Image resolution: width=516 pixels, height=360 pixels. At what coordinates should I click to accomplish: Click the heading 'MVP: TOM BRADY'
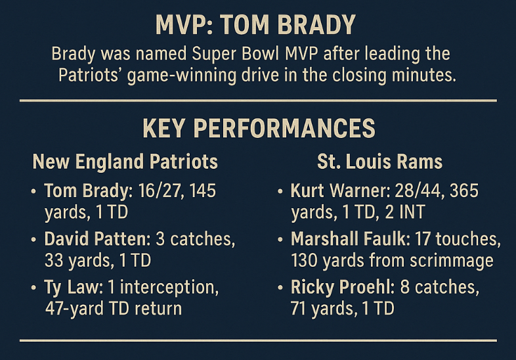255,25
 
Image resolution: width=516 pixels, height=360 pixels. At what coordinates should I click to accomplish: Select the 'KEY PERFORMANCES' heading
259,128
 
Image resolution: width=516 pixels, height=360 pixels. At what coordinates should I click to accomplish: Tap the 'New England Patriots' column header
125,162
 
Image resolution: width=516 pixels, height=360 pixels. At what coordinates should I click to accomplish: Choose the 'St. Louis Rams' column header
379,162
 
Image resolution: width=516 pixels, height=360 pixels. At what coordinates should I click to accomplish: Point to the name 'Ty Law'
71,288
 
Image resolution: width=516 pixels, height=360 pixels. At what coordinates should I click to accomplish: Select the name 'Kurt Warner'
339,191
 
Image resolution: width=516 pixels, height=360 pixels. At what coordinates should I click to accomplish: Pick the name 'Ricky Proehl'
342,287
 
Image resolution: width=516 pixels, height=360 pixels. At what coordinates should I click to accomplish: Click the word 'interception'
169,288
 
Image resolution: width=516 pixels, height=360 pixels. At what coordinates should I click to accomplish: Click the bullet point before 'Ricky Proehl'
280,288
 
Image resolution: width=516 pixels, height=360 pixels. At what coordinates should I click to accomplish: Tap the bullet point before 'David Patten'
33,239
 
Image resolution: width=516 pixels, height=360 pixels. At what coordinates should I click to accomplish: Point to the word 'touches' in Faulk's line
468,239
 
